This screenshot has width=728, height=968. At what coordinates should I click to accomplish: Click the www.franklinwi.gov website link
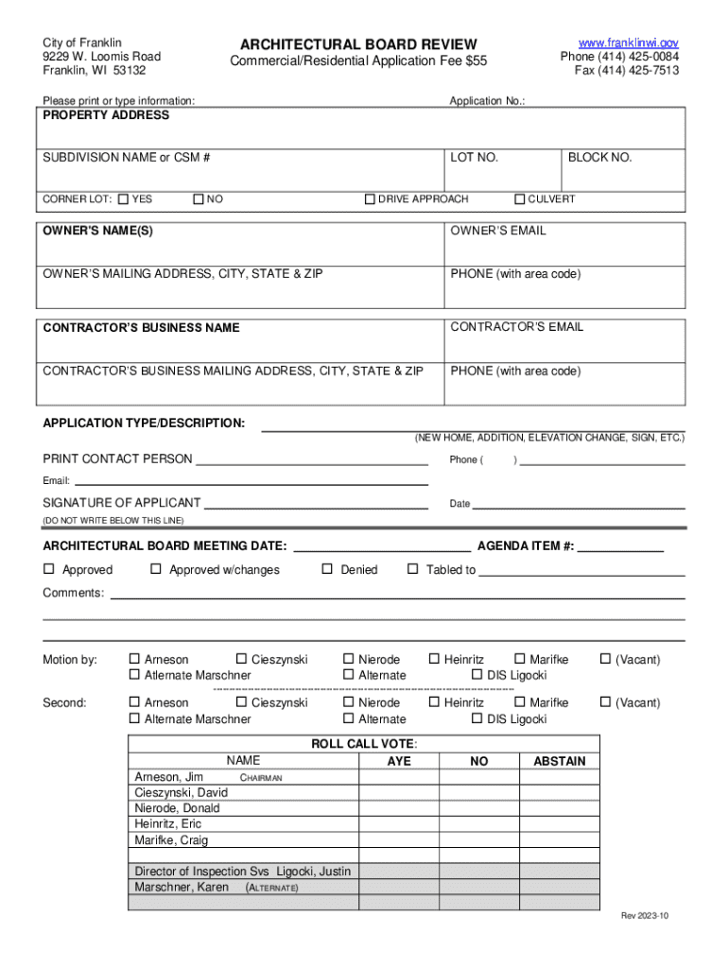point(628,43)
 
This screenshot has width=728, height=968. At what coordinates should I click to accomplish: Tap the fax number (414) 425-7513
point(627,71)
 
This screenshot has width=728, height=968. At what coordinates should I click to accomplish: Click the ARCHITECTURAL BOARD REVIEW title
point(358,44)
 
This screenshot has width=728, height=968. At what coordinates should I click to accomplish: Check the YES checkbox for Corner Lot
point(124,199)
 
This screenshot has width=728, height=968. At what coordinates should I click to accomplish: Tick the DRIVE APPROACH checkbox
point(371,199)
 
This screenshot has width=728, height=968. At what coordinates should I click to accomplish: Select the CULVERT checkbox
point(519,199)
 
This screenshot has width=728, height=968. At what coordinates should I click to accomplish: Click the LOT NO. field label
point(474,158)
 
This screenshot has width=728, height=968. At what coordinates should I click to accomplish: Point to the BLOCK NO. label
point(599,158)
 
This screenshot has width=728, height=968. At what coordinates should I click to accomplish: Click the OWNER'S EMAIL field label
point(497,231)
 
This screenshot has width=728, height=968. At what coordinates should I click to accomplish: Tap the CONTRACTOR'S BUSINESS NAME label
point(141,328)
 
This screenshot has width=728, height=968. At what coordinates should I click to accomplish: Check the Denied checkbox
point(327,569)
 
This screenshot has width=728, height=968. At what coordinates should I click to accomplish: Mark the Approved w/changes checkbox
point(156,569)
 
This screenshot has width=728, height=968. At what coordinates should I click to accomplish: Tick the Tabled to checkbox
point(412,569)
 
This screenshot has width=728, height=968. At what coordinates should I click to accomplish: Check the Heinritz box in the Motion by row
point(434,659)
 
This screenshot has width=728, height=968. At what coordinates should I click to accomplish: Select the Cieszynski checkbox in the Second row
point(241,702)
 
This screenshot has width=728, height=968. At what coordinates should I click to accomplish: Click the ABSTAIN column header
point(560,761)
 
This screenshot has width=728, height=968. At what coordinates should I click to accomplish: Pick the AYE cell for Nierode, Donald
point(399,808)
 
